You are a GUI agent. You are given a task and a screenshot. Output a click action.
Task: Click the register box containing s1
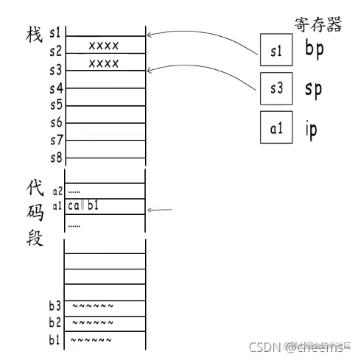[276, 52]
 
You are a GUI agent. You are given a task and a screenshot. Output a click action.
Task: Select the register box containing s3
[276, 88]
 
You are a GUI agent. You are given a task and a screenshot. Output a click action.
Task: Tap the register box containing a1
[276, 128]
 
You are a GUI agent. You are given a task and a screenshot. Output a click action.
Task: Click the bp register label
[314, 50]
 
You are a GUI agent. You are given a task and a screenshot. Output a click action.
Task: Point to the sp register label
[314, 90]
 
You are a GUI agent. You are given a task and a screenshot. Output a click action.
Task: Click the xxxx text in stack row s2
[104, 46]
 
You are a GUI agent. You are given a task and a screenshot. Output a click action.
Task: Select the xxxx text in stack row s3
[104, 63]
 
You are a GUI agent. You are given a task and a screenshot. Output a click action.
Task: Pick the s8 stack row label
[55, 157]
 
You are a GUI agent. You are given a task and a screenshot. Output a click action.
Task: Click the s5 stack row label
[55, 105]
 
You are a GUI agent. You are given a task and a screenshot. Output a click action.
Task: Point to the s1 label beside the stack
[55, 33]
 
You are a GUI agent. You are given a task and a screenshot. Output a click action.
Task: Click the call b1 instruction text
[83, 205]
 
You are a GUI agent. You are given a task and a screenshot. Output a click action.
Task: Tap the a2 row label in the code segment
[57, 191]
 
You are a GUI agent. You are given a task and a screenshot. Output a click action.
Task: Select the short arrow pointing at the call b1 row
[160, 210]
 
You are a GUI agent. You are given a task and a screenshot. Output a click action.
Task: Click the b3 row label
[55, 306]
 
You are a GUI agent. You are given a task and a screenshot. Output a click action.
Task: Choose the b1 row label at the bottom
[55, 339]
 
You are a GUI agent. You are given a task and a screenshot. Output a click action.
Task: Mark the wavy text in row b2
[93, 322]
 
